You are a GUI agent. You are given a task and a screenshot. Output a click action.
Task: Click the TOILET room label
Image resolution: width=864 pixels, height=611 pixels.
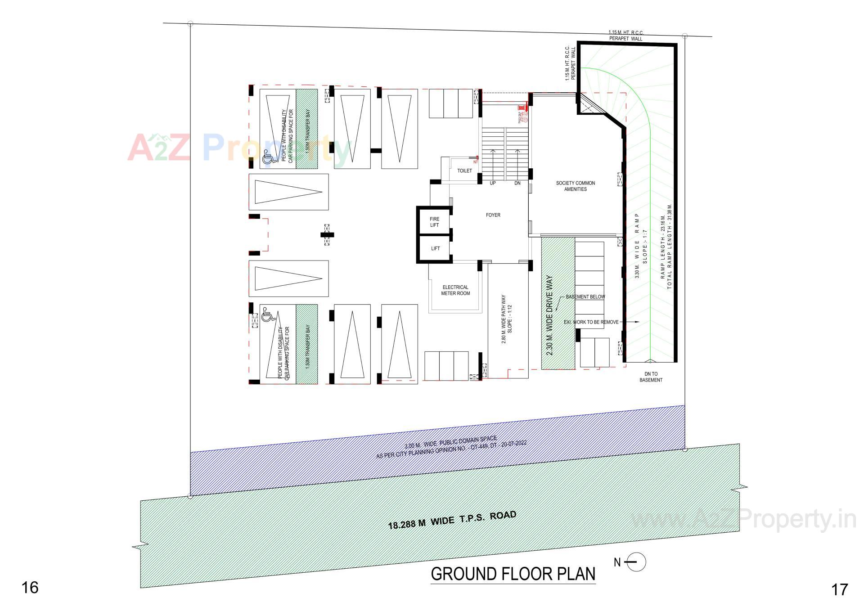pyautogui.click(x=464, y=171)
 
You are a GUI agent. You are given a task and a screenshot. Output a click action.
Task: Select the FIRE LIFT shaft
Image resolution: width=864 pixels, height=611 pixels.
pyautogui.click(x=434, y=222)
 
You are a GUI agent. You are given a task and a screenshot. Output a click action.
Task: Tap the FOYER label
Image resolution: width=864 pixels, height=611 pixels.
pyautogui.click(x=493, y=215)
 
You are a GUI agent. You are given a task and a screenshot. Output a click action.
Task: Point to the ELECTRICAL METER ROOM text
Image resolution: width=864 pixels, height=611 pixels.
pyautogui.click(x=455, y=290)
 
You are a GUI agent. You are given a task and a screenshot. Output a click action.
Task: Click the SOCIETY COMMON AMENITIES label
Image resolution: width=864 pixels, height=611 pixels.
pyautogui.click(x=575, y=186)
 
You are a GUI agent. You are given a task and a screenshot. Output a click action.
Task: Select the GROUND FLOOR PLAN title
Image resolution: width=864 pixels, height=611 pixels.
pyautogui.click(x=513, y=574)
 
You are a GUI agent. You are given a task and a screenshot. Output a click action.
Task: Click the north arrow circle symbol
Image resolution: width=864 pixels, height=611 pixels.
pyautogui.click(x=636, y=562)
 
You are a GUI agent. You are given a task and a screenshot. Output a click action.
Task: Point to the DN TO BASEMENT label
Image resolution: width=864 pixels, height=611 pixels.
pyautogui.click(x=651, y=377)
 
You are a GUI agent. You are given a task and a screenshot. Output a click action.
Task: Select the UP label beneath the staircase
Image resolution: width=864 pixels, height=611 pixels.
pyautogui.click(x=493, y=183)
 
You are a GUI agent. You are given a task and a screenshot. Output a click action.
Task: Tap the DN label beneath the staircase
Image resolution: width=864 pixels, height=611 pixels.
pyautogui.click(x=517, y=183)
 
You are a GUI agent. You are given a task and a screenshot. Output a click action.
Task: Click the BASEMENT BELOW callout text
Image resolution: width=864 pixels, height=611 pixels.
pyautogui.click(x=585, y=297)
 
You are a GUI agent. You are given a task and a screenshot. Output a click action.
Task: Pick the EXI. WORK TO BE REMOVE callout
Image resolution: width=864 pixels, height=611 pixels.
pyautogui.click(x=591, y=322)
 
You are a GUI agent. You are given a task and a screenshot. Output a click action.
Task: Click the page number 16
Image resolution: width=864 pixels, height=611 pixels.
pyautogui.click(x=30, y=587)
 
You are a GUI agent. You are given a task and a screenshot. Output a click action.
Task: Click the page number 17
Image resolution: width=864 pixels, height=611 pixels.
pyautogui.click(x=839, y=589)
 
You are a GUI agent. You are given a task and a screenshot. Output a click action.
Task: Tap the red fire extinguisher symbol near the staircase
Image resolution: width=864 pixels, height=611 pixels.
pyautogui.click(x=521, y=109)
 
